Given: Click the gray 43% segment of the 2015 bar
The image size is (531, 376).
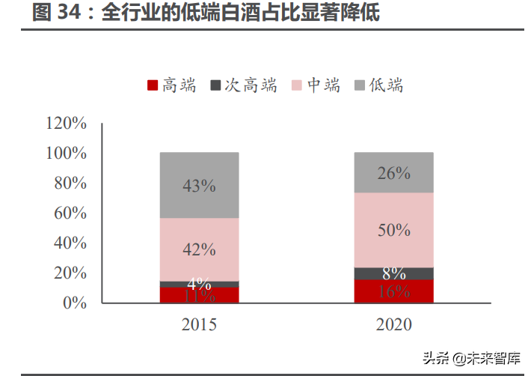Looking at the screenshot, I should pos(199,185).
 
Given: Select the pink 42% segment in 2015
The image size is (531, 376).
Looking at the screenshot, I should pos(199,249).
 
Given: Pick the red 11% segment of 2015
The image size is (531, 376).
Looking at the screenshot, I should pos(199,295).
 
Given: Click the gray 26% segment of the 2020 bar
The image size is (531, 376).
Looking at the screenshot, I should pos(393,172).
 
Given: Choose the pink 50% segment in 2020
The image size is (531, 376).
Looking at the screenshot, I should pos(393,230).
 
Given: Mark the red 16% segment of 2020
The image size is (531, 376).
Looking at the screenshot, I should pos(393,291).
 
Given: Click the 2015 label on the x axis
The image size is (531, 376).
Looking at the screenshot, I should pos(199,325).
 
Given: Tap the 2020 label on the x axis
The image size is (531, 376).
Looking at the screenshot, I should pos(393,325).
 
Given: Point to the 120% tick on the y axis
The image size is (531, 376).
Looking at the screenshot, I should pos(67,123).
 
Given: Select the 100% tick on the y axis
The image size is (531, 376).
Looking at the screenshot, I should pos(67,153).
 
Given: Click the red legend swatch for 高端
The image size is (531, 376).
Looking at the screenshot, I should pos(153,85).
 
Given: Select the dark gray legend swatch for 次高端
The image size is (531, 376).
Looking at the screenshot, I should pos(216,85).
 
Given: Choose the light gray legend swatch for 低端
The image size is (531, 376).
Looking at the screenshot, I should pos(360,85).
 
